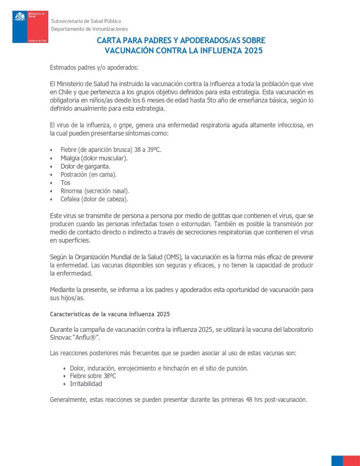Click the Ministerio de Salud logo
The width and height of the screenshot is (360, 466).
click(x=30, y=27)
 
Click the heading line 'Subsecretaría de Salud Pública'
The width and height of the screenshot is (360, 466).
click(x=86, y=21)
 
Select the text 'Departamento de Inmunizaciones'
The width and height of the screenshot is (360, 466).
click(x=89, y=29)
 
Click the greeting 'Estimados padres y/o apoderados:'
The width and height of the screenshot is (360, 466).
click(x=94, y=68)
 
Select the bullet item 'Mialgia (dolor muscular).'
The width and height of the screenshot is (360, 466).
click(x=94, y=158)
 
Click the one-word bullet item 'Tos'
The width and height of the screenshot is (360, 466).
click(x=66, y=182)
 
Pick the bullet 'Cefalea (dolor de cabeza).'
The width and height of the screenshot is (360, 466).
click(x=94, y=199)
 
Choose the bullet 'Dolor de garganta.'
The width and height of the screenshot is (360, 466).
click(x=86, y=166)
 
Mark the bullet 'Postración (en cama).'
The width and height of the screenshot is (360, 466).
click(x=88, y=174)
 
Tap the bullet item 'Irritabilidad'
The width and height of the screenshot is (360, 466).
click(x=86, y=384)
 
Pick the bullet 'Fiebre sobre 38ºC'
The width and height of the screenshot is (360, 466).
click(x=93, y=376)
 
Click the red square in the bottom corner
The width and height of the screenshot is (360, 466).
click(x=351, y=460)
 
